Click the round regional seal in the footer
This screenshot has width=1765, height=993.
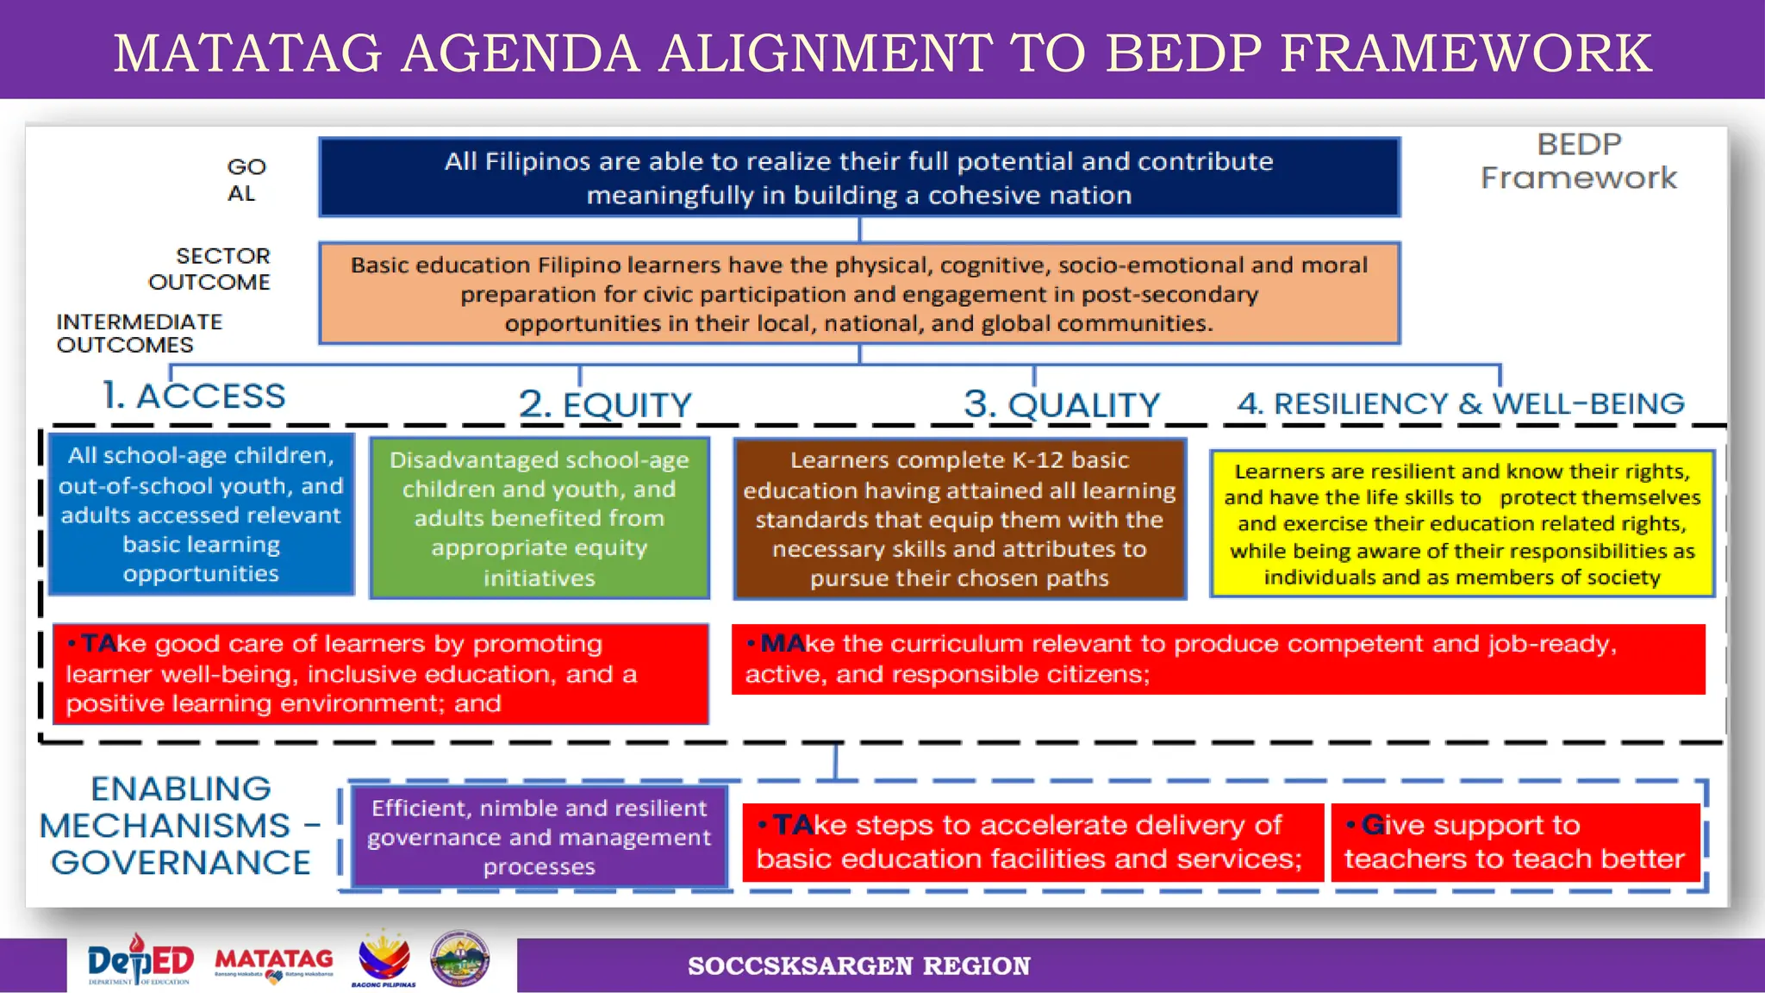pos(460,959)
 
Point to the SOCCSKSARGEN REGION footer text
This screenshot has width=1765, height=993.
pos(858,966)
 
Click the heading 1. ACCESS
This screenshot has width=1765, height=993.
pos(194,397)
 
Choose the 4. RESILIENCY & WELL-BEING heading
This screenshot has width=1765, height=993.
pos(1461,403)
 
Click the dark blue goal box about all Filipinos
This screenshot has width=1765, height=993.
pos(858,178)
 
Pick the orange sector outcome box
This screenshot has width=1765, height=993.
pos(858,294)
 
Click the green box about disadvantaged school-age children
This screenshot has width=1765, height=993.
pos(539,518)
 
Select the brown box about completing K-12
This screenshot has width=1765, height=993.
pos(959,519)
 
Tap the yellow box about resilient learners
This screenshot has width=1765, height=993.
pos(1462,523)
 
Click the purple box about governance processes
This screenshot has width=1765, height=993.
pos(539,837)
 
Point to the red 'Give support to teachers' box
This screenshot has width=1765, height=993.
pos(1515,842)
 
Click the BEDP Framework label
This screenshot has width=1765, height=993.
pos(1579,161)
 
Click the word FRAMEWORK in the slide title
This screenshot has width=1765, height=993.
pos(1465,53)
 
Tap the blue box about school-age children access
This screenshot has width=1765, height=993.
pos(201,515)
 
